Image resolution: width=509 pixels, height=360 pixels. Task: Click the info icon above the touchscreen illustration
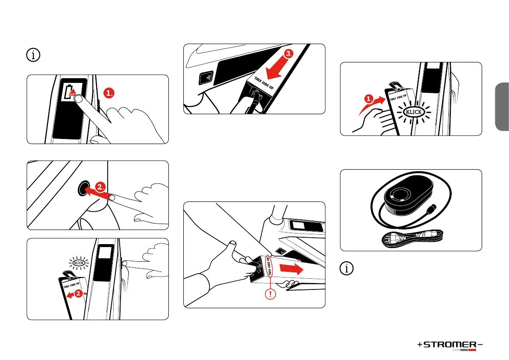click(33, 55)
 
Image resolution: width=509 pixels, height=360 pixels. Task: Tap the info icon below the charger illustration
click(346, 269)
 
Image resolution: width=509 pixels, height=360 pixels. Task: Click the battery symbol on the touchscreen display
click(70, 92)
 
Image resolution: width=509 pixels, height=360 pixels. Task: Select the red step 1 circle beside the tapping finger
click(109, 93)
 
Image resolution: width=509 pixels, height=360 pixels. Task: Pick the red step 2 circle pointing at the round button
click(100, 187)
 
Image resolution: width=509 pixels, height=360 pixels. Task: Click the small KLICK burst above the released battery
click(79, 263)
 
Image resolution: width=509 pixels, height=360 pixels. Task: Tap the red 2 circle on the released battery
click(78, 293)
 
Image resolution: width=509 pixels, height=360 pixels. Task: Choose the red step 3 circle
click(288, 53)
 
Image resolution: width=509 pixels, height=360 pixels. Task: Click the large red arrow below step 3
click(274, 70)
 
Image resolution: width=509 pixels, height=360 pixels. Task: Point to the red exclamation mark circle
click(270, 295)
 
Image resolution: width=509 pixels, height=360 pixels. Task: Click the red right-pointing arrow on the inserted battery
click(291, 269)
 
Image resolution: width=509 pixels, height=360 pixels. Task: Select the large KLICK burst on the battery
click(414, 112)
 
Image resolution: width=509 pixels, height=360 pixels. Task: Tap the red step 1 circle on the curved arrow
click(369, 98)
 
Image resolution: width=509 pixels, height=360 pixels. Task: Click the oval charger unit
click(409, 196)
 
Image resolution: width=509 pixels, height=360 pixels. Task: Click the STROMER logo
click(450, 345)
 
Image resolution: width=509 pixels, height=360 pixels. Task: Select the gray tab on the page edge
click(502, 106)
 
